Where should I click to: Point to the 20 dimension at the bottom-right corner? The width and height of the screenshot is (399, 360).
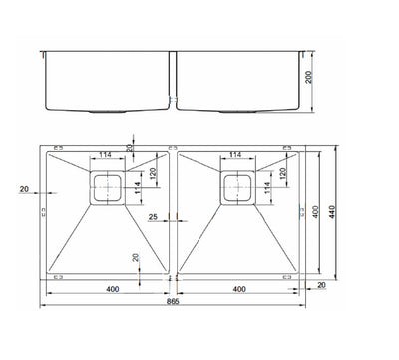tap(321, 285)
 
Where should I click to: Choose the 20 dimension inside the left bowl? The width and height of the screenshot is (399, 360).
tap(136, 258)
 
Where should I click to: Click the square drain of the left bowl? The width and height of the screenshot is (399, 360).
tap(105, 187)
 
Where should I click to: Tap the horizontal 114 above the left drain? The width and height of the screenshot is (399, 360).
tap(105, 154)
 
